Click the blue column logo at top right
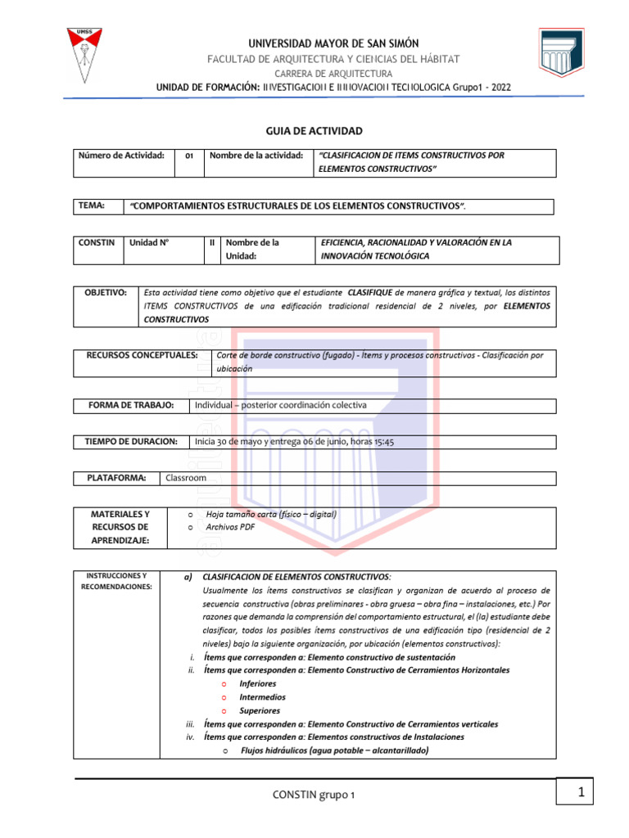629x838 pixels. (561, 61)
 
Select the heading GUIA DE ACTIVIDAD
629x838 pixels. (314, 131)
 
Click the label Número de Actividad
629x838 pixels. (122, 155)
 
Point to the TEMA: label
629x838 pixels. (92, 206)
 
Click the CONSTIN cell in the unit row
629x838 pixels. (97, 243)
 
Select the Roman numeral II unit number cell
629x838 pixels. (212, 243)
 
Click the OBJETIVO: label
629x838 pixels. (107, 292)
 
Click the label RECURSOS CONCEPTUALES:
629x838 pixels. (143, 355)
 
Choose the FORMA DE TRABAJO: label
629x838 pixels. (131, 405)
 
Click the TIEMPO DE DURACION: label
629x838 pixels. (131, 442)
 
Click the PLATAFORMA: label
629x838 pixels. (116, 478)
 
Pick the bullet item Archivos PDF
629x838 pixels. (230, 528)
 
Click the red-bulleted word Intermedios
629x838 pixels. (262, 697)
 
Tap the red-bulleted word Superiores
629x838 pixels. (259, 710)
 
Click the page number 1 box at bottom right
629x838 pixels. (580, 793)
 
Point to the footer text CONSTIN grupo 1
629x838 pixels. (314, 795)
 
